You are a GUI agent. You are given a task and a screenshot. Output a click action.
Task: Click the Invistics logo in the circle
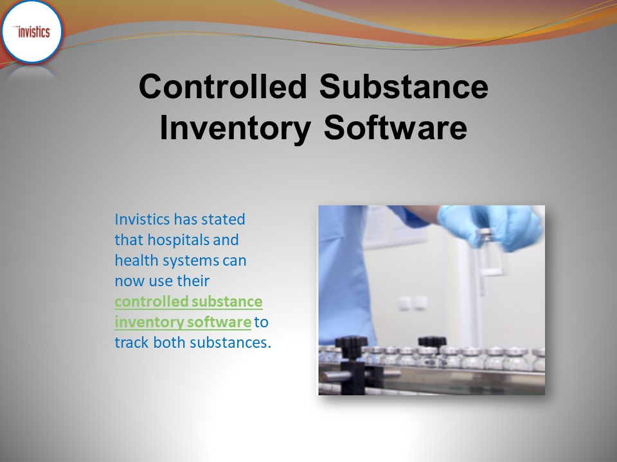pyautogui.click(x=32, y=32)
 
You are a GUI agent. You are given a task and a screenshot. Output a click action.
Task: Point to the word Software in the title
pyautogui.click(x=395, y=127)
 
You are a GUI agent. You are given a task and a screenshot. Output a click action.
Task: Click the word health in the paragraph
pyautogui.click(x=134, y=261)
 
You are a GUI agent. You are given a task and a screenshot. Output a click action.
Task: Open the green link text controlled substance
pyautogui.click(x=188, y=302)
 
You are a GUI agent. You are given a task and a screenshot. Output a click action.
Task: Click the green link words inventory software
pyautogui.click(x=183, y=322)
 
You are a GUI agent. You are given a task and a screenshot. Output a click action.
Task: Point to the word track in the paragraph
pyautogui.click(x=130, y=343)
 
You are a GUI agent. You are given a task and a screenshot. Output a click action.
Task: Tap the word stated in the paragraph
pyautogui.click(x=223, y=219)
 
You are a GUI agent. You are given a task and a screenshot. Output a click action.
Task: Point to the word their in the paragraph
pyautogui.click(x=193, y=281)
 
